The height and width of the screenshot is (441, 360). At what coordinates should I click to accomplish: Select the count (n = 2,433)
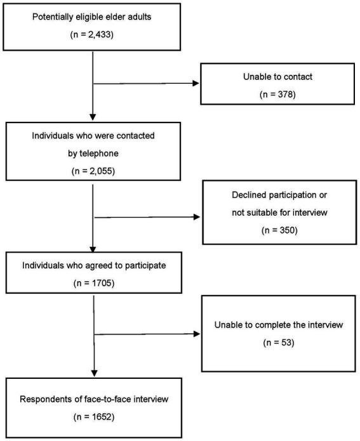93,34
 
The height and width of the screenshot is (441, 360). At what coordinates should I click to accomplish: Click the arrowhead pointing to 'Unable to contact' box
196,83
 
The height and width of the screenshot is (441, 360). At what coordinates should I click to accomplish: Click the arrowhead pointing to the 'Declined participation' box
197,217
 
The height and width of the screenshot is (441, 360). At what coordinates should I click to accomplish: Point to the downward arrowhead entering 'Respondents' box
93,373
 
